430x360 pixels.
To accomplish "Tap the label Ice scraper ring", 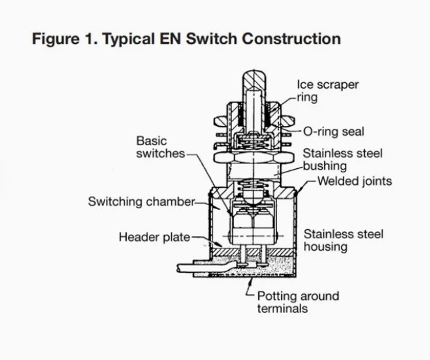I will [x=328, y=91].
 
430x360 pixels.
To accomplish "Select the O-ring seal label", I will [x=334, y=132].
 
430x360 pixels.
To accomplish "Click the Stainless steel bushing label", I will [x=342, y=160].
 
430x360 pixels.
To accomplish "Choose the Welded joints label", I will [x=355, y=181].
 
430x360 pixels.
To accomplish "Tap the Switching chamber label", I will [x=141, y=201].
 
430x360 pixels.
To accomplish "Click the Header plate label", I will [x=154, y=237].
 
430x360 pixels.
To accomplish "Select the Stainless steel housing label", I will [x=343, y=240].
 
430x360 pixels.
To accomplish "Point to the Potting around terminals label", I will [x=298, y=303].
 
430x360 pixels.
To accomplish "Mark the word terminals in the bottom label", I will [x=282, y=309].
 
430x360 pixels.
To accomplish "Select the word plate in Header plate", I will [x=175, y=237].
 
